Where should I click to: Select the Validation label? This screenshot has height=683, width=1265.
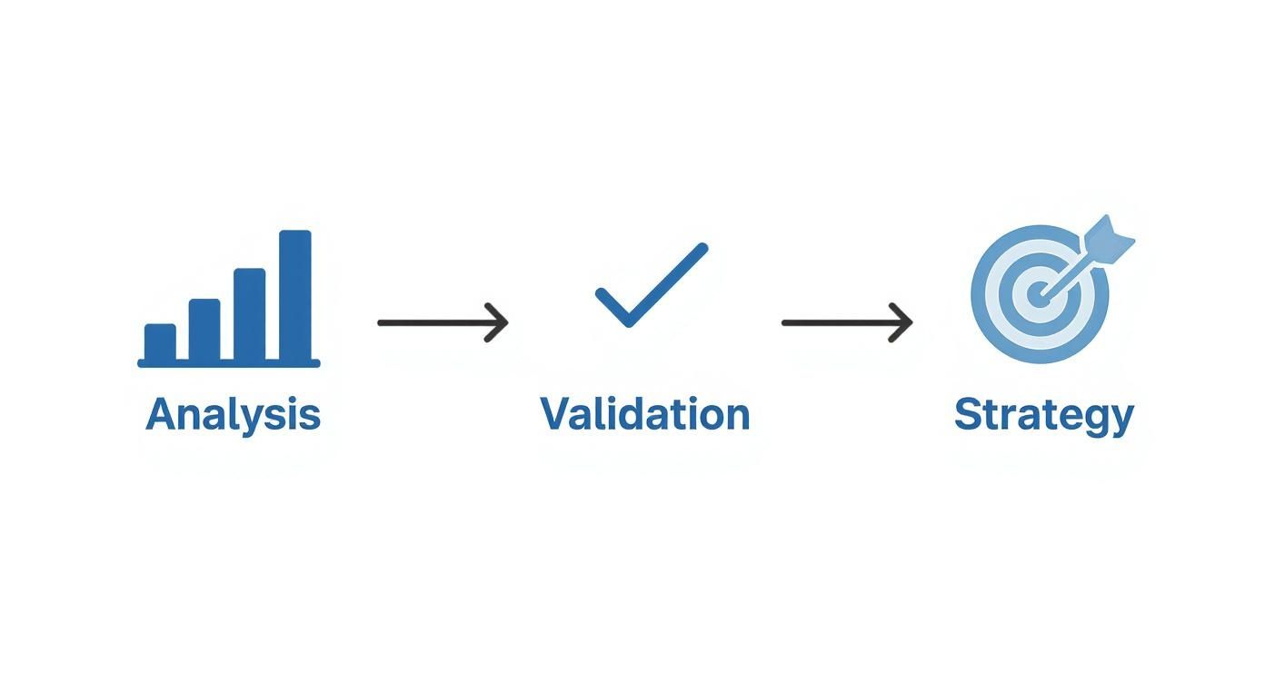point(645,414)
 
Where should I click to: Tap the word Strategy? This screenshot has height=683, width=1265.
point(1044,417)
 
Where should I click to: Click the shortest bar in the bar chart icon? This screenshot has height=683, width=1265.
point(160,342)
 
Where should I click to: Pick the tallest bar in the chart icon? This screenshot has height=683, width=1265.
point(295,294)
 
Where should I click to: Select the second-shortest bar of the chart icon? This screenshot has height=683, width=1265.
point(204,330)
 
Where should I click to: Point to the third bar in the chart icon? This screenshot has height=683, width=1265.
point(250,314)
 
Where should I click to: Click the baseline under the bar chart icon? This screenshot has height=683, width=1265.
point(229,363)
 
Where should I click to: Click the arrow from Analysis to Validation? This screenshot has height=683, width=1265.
point(443,322)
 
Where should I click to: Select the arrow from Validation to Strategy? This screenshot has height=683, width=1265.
point(847,322)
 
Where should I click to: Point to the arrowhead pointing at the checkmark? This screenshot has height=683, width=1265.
point(497,322)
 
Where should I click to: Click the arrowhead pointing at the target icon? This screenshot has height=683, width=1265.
point(901,322)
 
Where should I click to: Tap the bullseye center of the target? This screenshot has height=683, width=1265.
point(1038,294)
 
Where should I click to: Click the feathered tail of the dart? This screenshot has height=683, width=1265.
point(1108,240)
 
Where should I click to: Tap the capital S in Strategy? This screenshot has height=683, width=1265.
point(967,414)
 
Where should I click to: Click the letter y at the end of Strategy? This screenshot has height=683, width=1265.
point(1121,421)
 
